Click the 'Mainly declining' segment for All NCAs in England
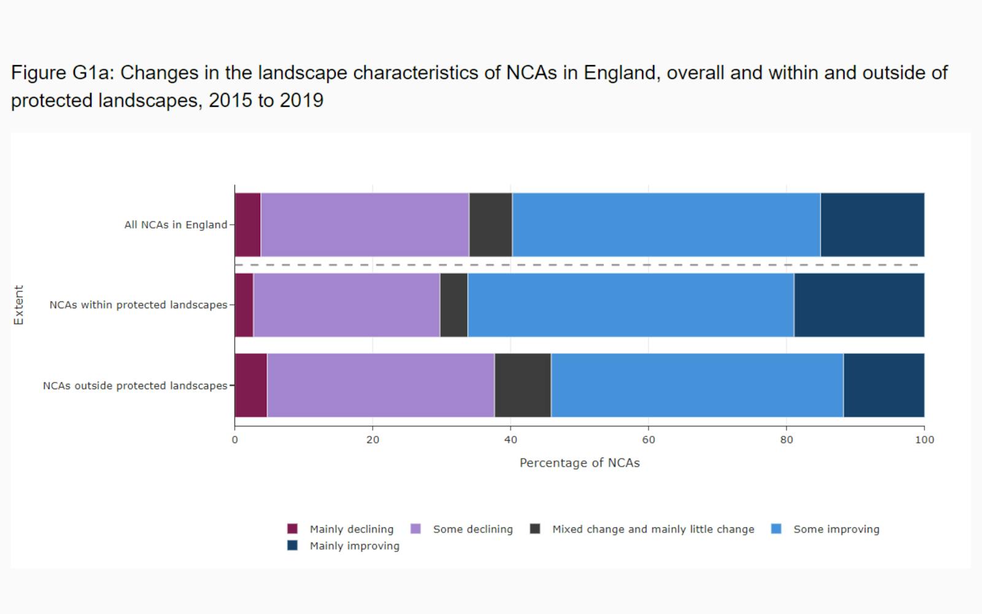click(247, 225)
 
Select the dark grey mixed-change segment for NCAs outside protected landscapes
click(522, 386)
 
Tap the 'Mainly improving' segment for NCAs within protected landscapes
click(859, 305)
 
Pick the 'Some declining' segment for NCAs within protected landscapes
click(346, 305)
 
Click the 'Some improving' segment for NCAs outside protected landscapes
click(697, 386)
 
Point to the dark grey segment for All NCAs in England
click(490, 225)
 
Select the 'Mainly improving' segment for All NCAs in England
click(872, 225)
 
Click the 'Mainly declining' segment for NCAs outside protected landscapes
click(250, 386)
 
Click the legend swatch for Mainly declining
click(293, 529)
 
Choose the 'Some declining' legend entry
click(473, 529)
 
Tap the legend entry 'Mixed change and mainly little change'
click(652, 529)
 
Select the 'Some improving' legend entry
click(836, 529)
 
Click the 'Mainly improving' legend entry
click(354, 546)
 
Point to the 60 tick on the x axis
click(648, 440)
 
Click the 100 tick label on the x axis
click(924, 440)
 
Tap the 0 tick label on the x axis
click(234, 440)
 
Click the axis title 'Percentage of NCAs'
click(579, 463)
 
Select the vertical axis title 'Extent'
click(18, 305)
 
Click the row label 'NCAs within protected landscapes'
click(138, 305)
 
